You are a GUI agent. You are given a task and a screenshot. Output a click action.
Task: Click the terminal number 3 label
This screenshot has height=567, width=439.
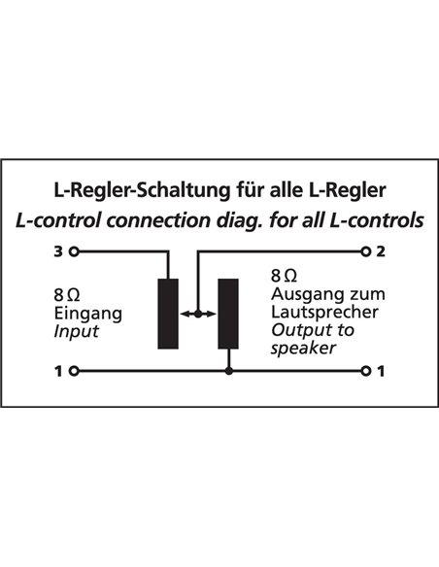58,251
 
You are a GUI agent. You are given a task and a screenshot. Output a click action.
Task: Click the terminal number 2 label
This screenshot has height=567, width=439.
381,251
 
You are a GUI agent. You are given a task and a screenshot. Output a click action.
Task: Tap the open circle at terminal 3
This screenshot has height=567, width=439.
74,251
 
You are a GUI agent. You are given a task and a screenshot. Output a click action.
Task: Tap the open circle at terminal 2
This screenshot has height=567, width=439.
366,251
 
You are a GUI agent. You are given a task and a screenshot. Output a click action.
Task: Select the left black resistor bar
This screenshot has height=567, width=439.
168,314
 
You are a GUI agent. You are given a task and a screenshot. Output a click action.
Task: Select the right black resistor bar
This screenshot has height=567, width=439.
228,314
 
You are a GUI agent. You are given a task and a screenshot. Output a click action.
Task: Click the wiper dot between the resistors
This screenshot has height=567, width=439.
198,314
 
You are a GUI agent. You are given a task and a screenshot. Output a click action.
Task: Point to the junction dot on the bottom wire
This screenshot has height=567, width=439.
228,371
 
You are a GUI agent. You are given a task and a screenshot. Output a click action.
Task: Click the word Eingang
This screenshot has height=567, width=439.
88,314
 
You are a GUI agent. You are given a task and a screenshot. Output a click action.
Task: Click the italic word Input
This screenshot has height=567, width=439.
77,331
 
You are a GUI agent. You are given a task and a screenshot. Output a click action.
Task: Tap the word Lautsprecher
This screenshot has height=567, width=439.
324,312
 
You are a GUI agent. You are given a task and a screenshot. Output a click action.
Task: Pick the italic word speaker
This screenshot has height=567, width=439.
303,349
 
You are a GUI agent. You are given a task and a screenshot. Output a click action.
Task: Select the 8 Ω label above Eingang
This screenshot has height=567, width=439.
67,295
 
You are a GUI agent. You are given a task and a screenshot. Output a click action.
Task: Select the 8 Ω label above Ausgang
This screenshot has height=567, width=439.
285,276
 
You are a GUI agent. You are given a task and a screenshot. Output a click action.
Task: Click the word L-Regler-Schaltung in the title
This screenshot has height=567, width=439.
142,190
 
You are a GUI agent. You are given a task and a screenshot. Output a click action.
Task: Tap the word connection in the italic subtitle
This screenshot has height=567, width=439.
157,220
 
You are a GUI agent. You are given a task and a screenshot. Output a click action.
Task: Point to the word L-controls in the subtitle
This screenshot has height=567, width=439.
377,220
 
